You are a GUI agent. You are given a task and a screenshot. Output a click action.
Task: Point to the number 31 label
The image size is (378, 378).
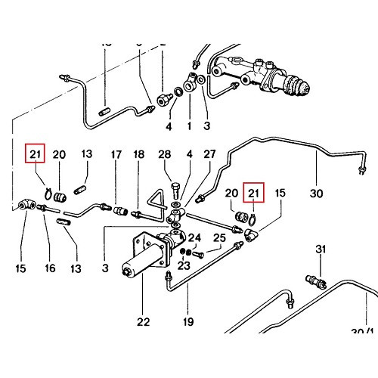coord(320,249)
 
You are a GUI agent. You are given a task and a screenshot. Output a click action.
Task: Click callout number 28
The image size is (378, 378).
coord(166,154)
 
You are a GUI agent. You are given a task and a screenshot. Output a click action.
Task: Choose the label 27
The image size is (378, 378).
coord(210,154)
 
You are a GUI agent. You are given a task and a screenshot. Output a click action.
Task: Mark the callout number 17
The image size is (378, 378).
coord(116,154)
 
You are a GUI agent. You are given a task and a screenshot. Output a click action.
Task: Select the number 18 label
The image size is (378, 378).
coord(139,154)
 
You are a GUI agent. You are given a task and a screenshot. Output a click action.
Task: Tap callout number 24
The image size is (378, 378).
coord(195,237)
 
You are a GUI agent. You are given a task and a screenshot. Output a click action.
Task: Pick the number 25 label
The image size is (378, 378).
coord(218,239)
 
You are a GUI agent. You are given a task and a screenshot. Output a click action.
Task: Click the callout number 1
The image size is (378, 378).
coord(188,125)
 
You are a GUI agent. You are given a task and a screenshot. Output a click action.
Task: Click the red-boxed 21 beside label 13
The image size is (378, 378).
coord(35,154)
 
